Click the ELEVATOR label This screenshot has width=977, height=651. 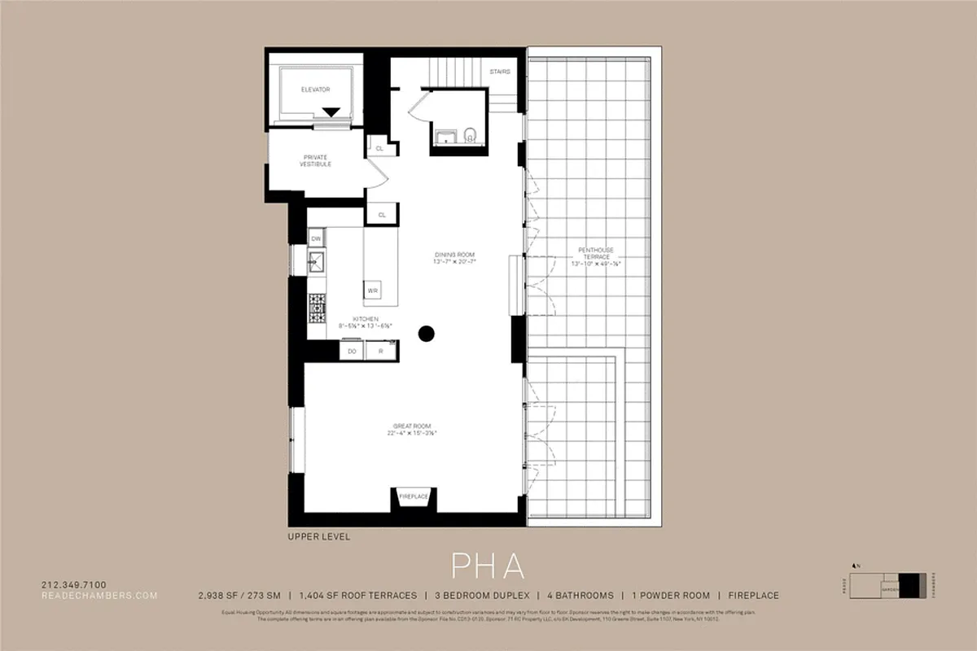tap(315, 89)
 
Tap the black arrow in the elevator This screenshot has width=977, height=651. tap(331, 112)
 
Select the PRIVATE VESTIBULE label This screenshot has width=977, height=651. tap(317, 159)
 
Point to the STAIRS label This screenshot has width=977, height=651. tap(500, 72)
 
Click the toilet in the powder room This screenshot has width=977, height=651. tap(470, 135)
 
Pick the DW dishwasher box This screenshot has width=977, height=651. tap(316, 238)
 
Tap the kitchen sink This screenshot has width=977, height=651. tap(316, 261)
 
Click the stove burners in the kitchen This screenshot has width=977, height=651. tap(317, 307)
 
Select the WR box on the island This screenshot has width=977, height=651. tap(372, 291)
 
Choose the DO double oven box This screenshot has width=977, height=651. tap(353, 351)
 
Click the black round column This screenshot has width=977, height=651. tap(426, 332)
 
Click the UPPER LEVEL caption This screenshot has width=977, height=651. tap(318, 537)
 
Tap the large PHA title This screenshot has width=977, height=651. tap(488, 565)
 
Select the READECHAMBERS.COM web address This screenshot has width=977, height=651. tap(99, 596)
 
